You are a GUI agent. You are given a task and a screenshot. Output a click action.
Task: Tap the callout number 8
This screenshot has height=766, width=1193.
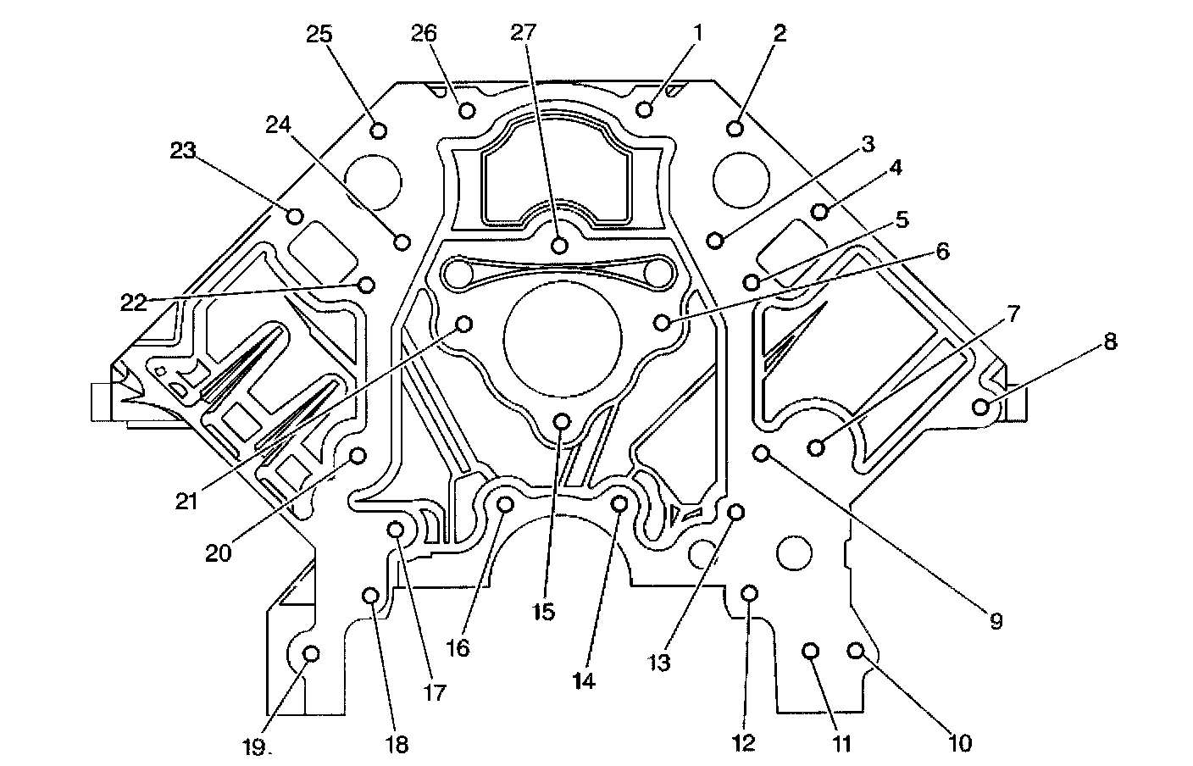click(x=1109, y=342)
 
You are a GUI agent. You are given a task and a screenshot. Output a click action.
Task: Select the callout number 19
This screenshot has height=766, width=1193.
click(x=256, y=747)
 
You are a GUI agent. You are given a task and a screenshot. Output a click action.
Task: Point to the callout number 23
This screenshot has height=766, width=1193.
click(x=183, y=151)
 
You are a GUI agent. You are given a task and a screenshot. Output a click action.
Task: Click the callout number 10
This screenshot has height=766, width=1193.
click(x=959, y=743)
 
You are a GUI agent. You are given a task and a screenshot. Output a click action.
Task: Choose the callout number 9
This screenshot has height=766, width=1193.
click(x=996, y=621)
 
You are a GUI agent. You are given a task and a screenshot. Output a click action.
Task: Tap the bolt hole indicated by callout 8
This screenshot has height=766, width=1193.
click(x=981, y=407)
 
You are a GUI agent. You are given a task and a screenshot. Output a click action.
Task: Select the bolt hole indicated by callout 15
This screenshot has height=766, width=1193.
click(x=561, y=421)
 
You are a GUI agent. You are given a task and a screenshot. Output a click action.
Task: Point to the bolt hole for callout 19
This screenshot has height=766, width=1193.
click(x=311, y=653)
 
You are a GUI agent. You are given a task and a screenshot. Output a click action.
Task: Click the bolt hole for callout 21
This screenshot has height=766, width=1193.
click(x=464, y=324)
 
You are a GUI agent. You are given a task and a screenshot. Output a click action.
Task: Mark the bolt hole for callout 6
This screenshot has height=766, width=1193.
click(x=663, y=322)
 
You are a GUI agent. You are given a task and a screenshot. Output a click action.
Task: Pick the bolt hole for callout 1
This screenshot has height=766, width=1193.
click(x=645, y=109)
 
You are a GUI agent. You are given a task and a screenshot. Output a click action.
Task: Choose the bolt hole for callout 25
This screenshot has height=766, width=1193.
click(x=379, y=130)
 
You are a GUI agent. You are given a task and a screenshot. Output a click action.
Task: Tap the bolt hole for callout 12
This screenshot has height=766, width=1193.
click(x=749, y=592)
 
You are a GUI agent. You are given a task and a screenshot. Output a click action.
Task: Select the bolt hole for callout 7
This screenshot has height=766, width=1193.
click(x=817, y=447)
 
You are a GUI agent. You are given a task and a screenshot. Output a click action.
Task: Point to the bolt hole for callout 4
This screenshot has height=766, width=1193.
click(x=819, y=210)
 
